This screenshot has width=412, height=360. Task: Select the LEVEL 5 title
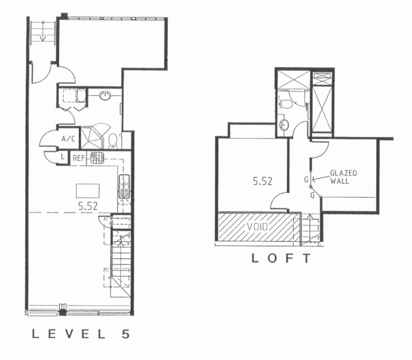pyautogui.click(x=81, y=334)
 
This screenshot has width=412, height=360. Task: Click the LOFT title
pyautogui.click(x=281, y=259)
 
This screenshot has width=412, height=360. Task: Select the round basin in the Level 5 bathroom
pyautogui.click(x=105, y=95)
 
